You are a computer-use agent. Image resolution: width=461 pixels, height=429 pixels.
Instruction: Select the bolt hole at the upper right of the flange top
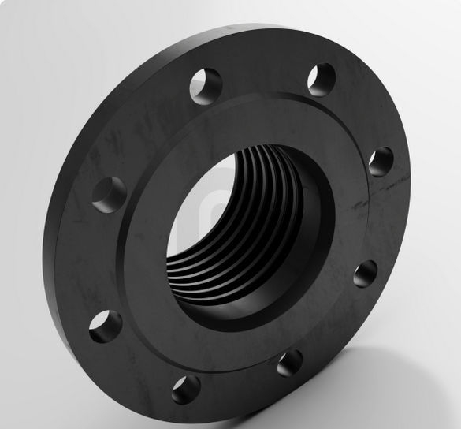tap(321, 80)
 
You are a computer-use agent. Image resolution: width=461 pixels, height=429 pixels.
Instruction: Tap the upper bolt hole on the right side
tap(380, 161)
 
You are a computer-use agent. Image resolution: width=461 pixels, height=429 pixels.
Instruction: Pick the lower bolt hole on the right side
tap(364, 274)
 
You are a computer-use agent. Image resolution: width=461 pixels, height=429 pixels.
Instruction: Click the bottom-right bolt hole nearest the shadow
tap(289, 363)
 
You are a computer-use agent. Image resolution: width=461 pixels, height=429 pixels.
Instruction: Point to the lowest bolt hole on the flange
tap(186, 389)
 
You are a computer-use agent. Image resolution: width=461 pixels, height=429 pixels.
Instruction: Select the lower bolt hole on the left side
tap(105, 326)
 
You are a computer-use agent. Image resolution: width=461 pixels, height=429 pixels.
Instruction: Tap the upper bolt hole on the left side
tap(109, 193)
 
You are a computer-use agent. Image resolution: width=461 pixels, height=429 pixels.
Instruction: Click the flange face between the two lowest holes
tap(236, 379)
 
